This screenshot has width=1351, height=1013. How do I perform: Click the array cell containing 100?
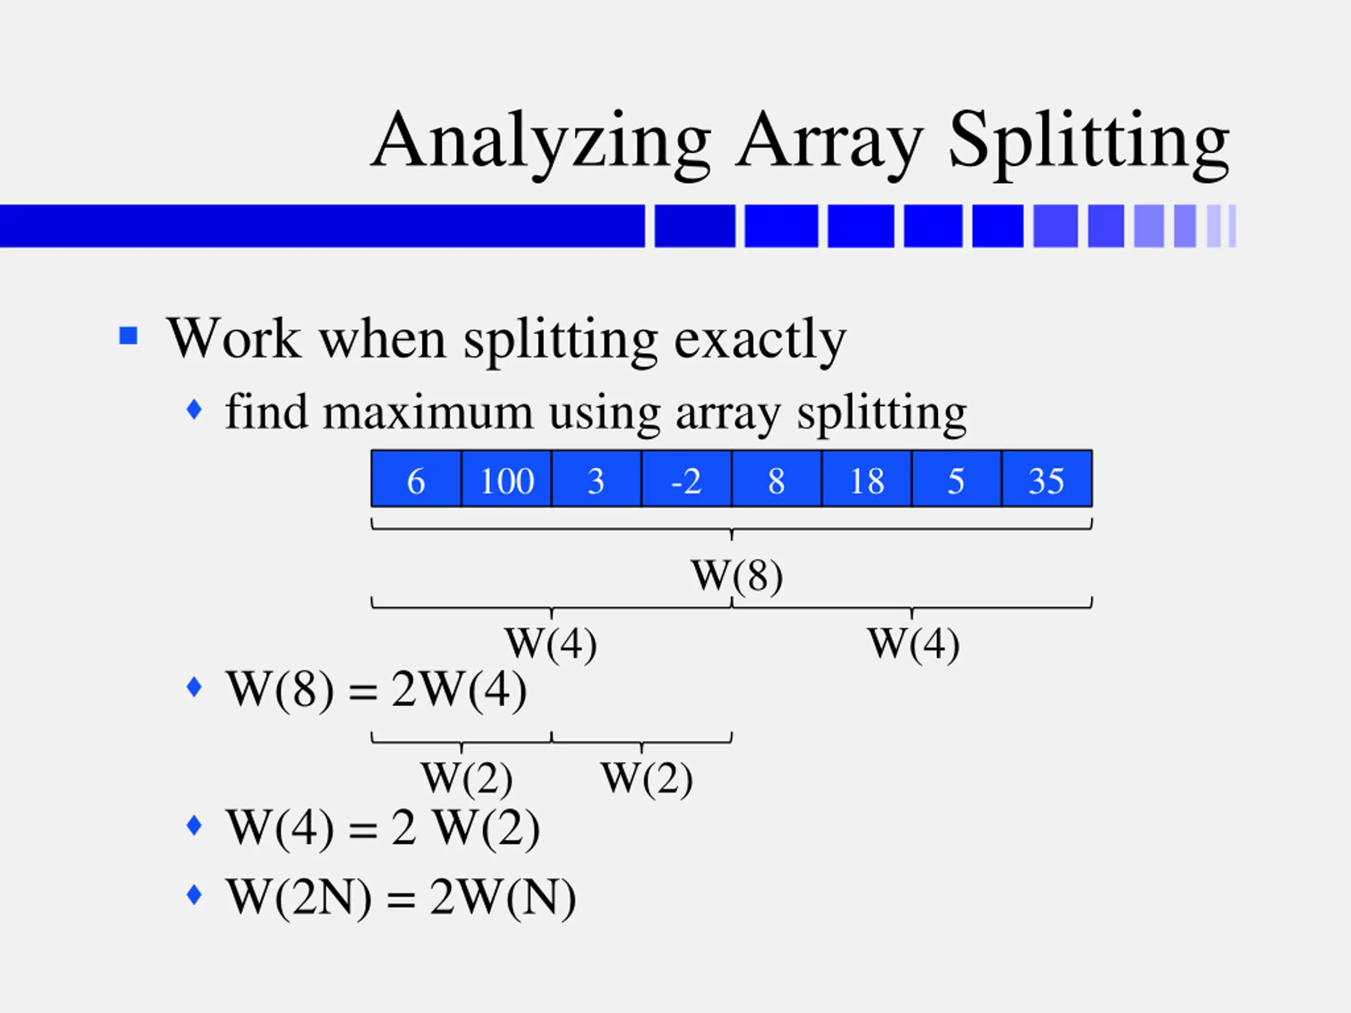[x=506, y=479]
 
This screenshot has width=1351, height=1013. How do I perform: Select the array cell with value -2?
[x=686, y=479]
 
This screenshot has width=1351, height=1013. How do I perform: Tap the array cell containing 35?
[x=1046, y=479]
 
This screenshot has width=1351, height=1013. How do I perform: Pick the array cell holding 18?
[x=866, y=479]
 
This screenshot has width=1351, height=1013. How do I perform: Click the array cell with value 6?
[x=416, y=479]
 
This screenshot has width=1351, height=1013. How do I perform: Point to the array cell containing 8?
[x=776, y=479]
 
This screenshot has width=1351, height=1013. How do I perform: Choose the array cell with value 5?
[x=956, y=479]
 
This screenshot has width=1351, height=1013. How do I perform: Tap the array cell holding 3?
[x=596, y=479]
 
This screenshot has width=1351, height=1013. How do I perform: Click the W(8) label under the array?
[x=737, y=575]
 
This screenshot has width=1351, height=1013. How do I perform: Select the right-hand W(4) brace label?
[x=913, y=644]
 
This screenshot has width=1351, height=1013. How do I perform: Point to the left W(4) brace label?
[x=550, y=644]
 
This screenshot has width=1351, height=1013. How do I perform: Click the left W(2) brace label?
[x=466, y=778]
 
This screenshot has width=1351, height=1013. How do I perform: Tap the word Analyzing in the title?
[x=540, y=141]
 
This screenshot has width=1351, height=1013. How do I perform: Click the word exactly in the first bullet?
[x=760, y=339]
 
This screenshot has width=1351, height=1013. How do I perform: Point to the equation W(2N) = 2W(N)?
[x=400, y=897]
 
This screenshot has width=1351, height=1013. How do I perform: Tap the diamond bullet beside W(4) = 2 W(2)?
[x=194, y=826]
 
